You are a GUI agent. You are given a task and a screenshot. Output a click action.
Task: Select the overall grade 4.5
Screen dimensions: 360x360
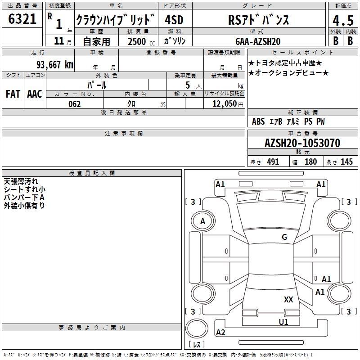[342, 21]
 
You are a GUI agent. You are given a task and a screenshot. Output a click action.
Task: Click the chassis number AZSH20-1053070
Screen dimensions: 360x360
[302, 143]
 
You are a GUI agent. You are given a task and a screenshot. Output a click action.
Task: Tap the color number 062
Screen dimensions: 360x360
[75, 104]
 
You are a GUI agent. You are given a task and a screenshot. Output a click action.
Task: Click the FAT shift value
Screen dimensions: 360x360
[13, 94]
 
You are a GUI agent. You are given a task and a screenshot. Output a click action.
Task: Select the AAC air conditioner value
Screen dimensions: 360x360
[35, 94]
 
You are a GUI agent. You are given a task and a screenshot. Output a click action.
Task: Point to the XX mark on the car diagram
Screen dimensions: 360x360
[288, 299]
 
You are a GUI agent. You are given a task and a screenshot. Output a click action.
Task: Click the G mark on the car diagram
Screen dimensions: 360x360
[284, 237]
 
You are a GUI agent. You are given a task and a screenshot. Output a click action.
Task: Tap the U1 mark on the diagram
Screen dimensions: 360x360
[283, 322]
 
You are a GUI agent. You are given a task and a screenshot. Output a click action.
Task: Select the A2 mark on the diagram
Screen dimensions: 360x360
[220, 332]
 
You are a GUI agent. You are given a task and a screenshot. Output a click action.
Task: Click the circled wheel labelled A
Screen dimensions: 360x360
[202, 221]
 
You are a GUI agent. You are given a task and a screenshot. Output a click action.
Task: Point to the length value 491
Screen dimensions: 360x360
[273, 162]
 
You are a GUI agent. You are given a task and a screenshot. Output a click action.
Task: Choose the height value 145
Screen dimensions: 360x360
[346, 162]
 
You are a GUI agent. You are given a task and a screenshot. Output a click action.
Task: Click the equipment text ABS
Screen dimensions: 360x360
[258, 121]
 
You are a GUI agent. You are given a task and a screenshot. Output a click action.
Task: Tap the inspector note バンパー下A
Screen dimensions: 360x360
[24, 198]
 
